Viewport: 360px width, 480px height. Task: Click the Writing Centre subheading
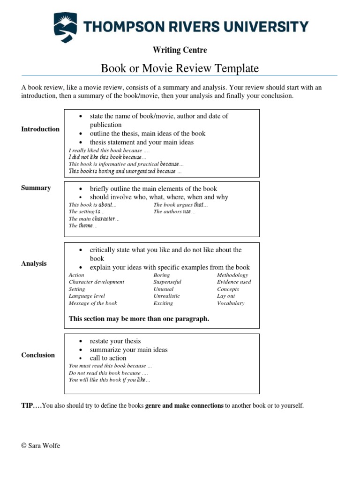[x=180, y=50]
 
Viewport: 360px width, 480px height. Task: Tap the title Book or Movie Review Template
[x=180, y=68]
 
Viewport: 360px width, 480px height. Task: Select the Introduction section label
[x=40, y=129]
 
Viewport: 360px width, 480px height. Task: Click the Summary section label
[x=36, y=188]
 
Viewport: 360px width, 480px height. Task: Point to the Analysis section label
[x=34, y=263]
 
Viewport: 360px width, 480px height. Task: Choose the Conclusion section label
[x=38, y=355]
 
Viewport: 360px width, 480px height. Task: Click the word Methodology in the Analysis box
[x=232, y=275]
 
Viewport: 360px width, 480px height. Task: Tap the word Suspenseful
[x=167, y=282]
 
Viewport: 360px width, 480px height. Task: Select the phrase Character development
[x=97, y=282]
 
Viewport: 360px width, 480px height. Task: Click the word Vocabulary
[x=231, y=303]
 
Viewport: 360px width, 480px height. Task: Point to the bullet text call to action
[x=108, y=358]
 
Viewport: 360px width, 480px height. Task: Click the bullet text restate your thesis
[x=115, y=341]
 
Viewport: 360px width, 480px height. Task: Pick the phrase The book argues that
[x=180, y=205]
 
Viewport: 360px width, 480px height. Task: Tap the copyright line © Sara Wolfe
[x=41, y=446]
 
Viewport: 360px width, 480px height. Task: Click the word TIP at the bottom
[x=28, y=405]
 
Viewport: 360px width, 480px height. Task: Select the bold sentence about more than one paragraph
[x=139, y=319]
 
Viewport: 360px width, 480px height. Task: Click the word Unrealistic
[x=166, y=296]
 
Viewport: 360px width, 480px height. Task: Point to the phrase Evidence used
[x=234, y=282]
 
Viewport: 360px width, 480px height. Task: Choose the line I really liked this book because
[x=109, y=150]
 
